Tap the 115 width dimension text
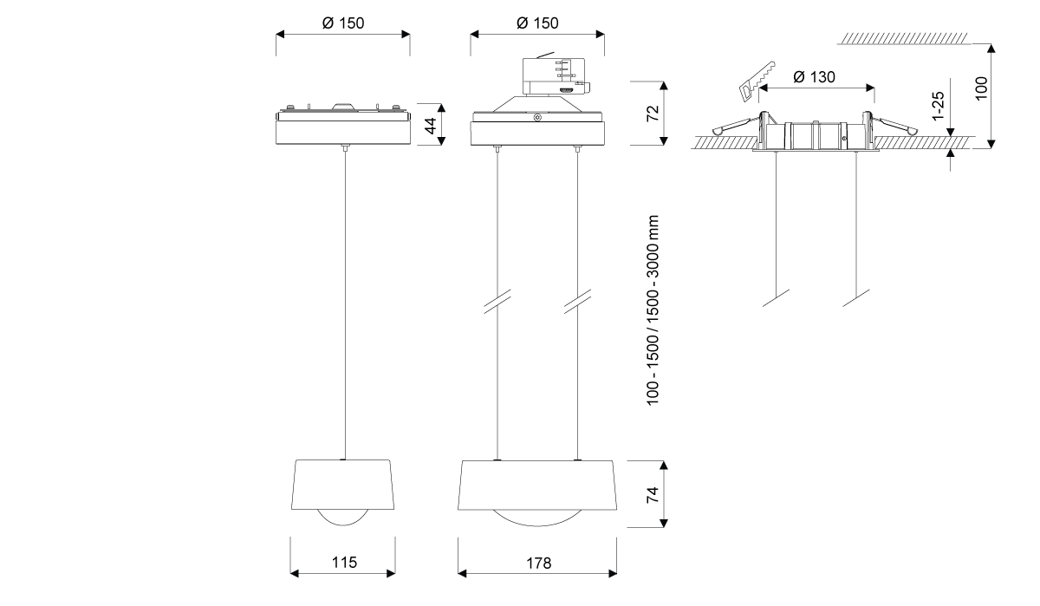pos(344,563)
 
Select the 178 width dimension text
pos(537,563)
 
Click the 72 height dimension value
pos(653,112)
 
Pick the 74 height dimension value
pos(653,494)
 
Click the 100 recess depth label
pos(981,88)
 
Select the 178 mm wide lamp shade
pos(537,484)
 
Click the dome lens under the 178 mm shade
pos(537,518)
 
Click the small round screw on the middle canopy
pos(537,117)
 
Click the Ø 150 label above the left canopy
pos(343,23)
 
